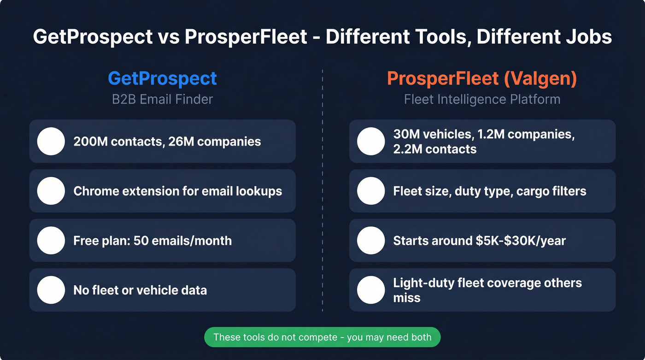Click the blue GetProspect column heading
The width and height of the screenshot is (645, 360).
pyautogui.click(x=162, y=78)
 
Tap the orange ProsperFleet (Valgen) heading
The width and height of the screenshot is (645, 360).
pyautogui.click(x=482, y=78)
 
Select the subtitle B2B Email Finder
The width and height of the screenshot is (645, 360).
pyautogui.click(x=162, y=99)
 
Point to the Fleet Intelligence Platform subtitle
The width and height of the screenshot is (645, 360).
pyautogui.click(x=482, y=99)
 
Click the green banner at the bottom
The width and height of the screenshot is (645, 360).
pyautogui.click(x=322, y=337)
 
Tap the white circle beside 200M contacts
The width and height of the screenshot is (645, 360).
pyautogui.click(x=51, y=141)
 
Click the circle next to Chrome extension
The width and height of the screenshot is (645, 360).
pyautogui.click(x=51, y=191)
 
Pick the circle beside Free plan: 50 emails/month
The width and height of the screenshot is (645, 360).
pyautogui.click(x=51, y=240)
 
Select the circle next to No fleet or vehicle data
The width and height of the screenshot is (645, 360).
pyautogui.click(x=51, y=290)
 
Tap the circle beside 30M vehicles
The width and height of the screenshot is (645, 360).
pyautogui.click(x=370, y=141)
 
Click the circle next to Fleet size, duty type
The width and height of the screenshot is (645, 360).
pyautogui.click(x=370, y=191)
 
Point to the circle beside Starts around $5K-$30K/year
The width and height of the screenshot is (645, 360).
pyautogui.click(x=370, y=240)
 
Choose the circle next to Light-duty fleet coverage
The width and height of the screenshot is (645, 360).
pyautogui.click(x=370, y=290)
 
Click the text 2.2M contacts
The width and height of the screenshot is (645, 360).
pyautogui.click(x=435, y=149)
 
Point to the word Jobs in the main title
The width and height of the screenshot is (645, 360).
pyautogui.click(x=590, y=37)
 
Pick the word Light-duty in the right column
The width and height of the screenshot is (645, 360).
pyautogui.click(x=422, y=283)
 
